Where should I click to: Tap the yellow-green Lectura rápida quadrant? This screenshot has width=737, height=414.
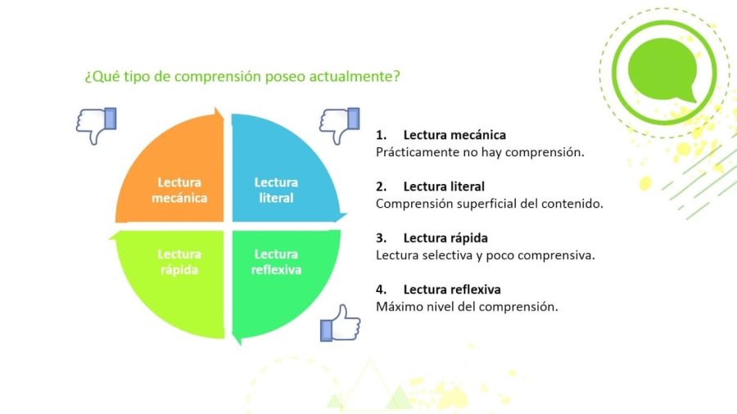176,274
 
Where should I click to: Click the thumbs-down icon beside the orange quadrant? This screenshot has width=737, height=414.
96,125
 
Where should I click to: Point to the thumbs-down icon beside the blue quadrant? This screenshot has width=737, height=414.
339,125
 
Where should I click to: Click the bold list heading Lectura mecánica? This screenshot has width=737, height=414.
454,135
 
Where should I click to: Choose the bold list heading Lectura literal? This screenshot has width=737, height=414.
444,187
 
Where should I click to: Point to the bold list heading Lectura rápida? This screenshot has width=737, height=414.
445,238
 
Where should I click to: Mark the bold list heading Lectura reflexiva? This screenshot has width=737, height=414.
452,290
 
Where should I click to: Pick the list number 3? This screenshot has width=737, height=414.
381,238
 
